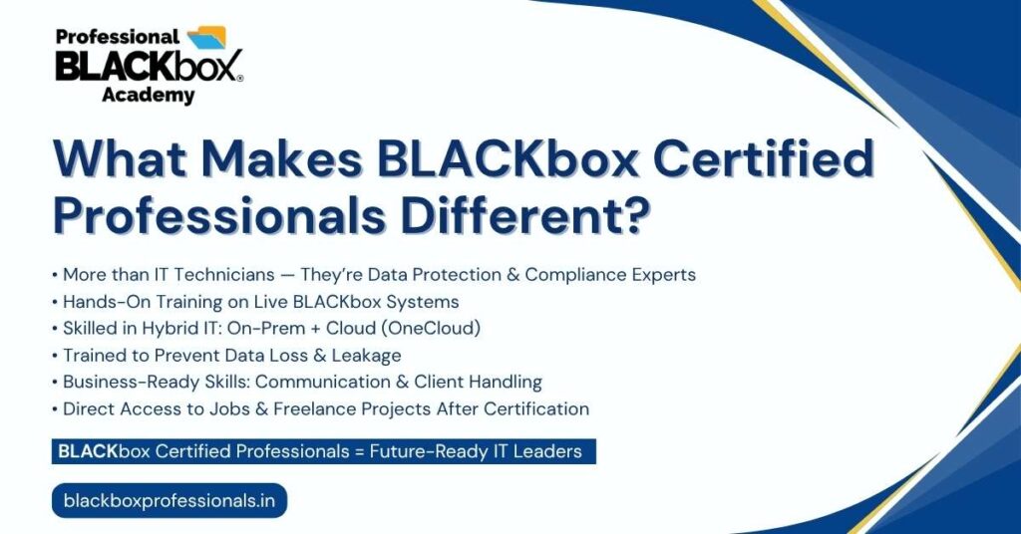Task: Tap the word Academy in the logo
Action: pyautogui.click(x=148, y=95)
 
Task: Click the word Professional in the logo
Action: pyautogui.click(x=118, y=37)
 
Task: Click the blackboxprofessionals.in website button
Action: pyautogui.click(x=170, y=501)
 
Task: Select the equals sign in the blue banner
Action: pyautogui.click(x=359, y=451)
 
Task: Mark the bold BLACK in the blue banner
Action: pyautogui.click(x=88, y=451)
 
